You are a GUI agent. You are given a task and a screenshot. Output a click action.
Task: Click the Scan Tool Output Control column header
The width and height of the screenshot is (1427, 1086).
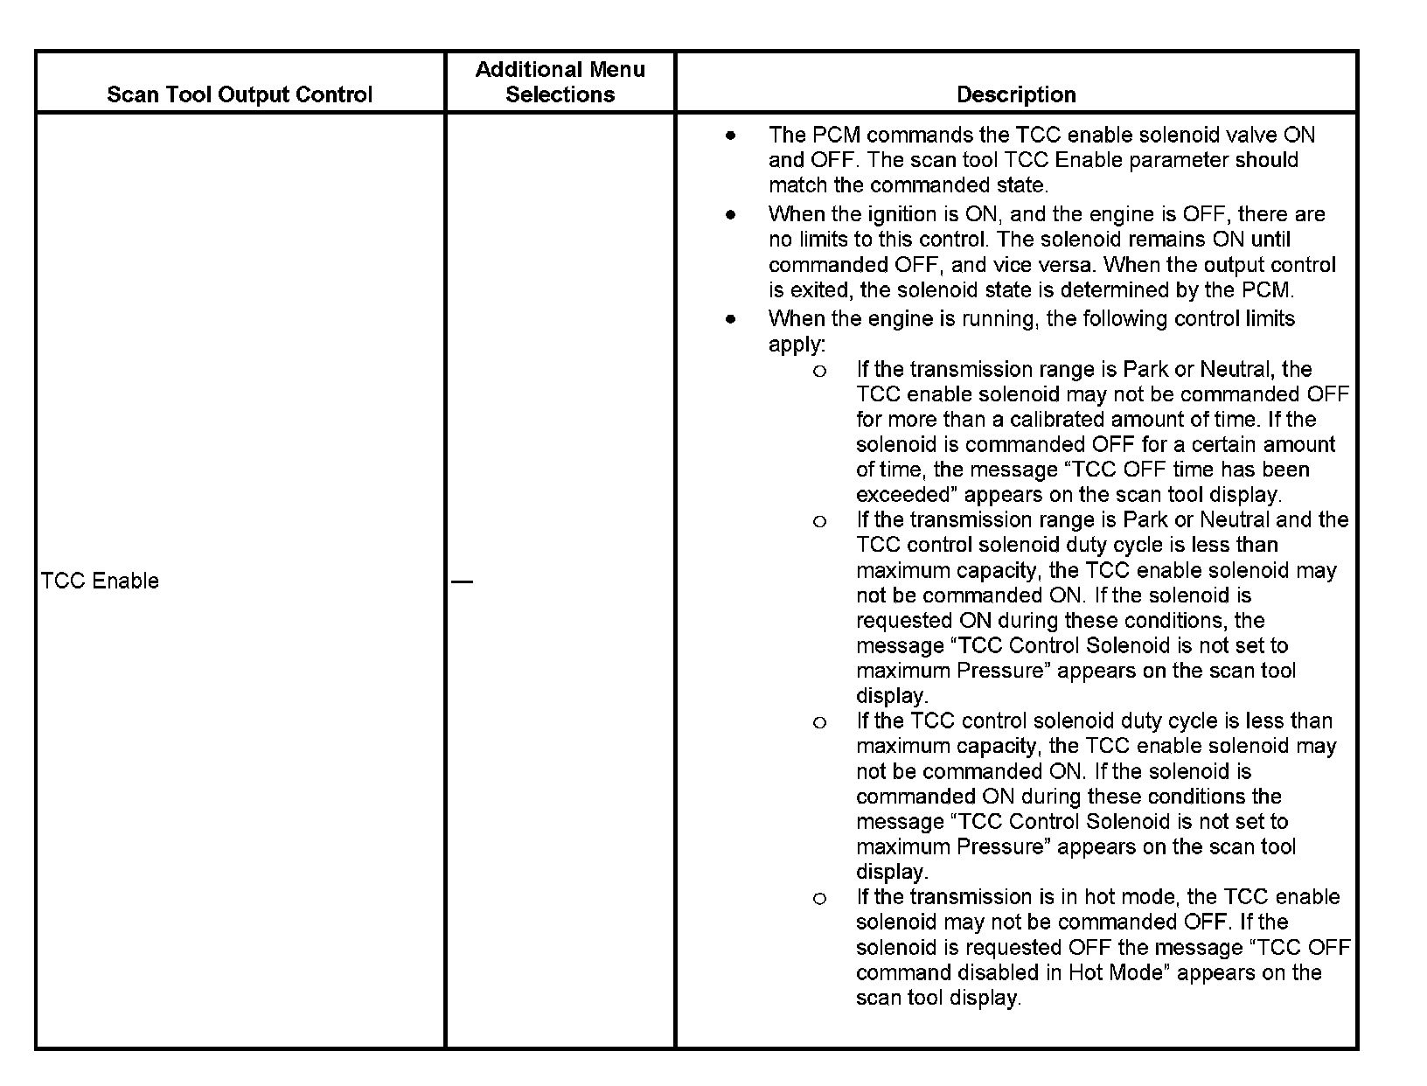pos(240,94)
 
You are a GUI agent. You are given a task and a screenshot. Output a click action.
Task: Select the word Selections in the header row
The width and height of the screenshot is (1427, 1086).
pos(560,94)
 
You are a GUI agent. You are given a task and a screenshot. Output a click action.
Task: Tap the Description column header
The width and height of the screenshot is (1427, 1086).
pos(1016,94)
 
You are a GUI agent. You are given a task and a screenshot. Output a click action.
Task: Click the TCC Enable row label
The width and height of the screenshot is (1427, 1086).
pos(100,581)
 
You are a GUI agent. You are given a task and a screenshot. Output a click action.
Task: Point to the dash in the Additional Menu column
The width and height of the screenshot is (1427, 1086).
pos(463,581)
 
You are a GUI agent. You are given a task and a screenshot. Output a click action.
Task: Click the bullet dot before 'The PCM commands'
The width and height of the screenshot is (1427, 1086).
pos(730,136)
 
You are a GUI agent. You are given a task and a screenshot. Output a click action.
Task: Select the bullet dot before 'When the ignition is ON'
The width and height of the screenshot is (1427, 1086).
pos(730,215)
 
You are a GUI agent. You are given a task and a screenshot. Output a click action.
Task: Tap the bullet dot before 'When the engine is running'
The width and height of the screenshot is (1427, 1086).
pos(730,319)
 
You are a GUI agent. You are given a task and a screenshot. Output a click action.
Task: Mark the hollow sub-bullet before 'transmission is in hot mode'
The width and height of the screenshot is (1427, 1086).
pos(819,899)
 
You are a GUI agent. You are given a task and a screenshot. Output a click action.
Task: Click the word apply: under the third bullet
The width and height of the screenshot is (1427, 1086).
pos(797,345)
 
